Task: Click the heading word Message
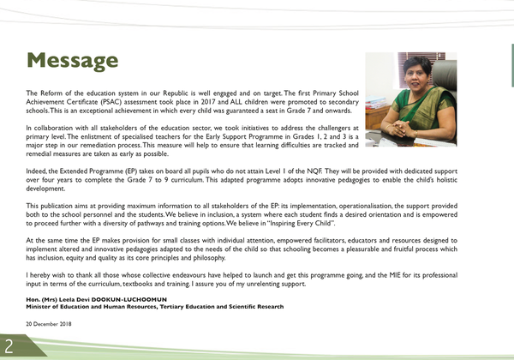click(x=72, y=60)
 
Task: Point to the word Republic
click(x=204, y=92)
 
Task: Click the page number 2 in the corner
click(x=8, y=346)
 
